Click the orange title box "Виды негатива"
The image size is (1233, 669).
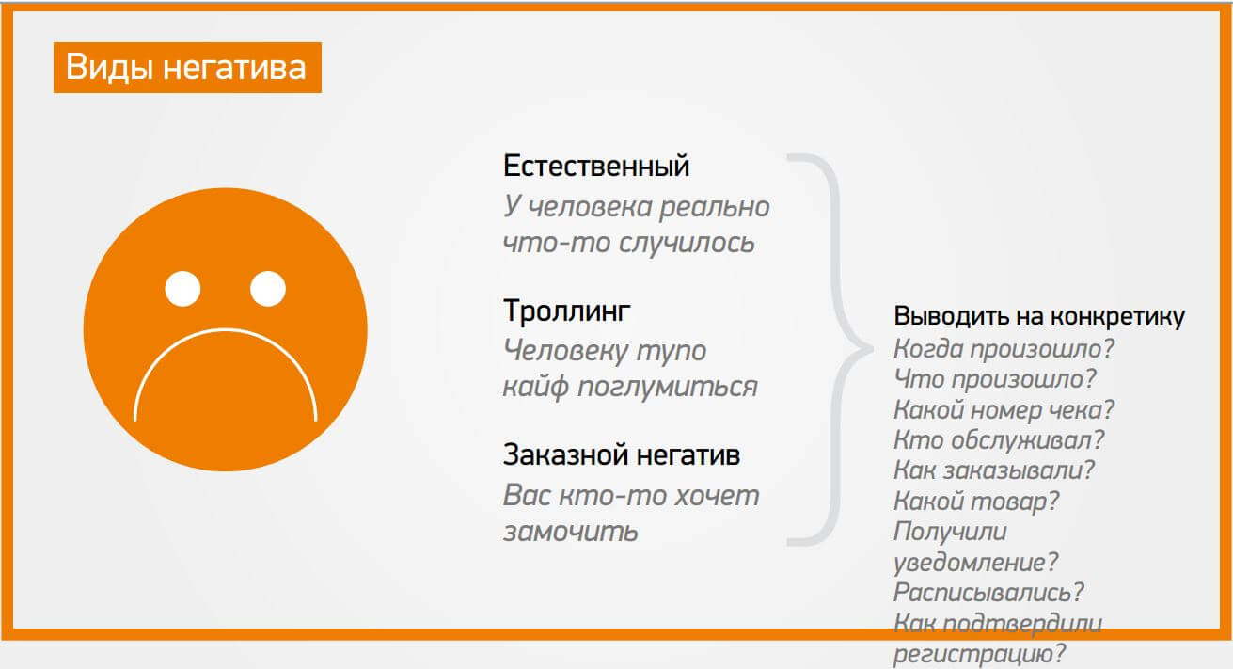coord(187,67)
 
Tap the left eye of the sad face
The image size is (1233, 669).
coord(182,289)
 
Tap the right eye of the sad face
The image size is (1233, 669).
coord(268,289)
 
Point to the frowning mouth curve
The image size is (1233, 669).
coord(225,330)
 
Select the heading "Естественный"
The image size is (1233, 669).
coord(596,167)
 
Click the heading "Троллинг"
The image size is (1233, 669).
coord(567,311)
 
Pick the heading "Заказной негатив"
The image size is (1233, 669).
coord(622,455)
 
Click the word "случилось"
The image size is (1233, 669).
coord(687,243)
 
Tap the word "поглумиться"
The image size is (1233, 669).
coord(667,387)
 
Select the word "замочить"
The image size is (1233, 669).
coord(570,532)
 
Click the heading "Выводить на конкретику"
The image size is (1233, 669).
coord(1039,316)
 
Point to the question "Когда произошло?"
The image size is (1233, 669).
coord(1004,348)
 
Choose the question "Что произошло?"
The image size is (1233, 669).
coord(995,379)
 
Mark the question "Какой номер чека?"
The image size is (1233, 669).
coord(1004,409)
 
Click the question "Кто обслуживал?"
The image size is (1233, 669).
coord(999,440)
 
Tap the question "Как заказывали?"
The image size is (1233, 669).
coord(994,470)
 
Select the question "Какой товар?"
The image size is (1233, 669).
coord(976,502)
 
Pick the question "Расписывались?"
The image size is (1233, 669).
coord(988,593)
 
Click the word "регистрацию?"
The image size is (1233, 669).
coord(979,654)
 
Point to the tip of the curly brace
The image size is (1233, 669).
coord(872,349)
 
